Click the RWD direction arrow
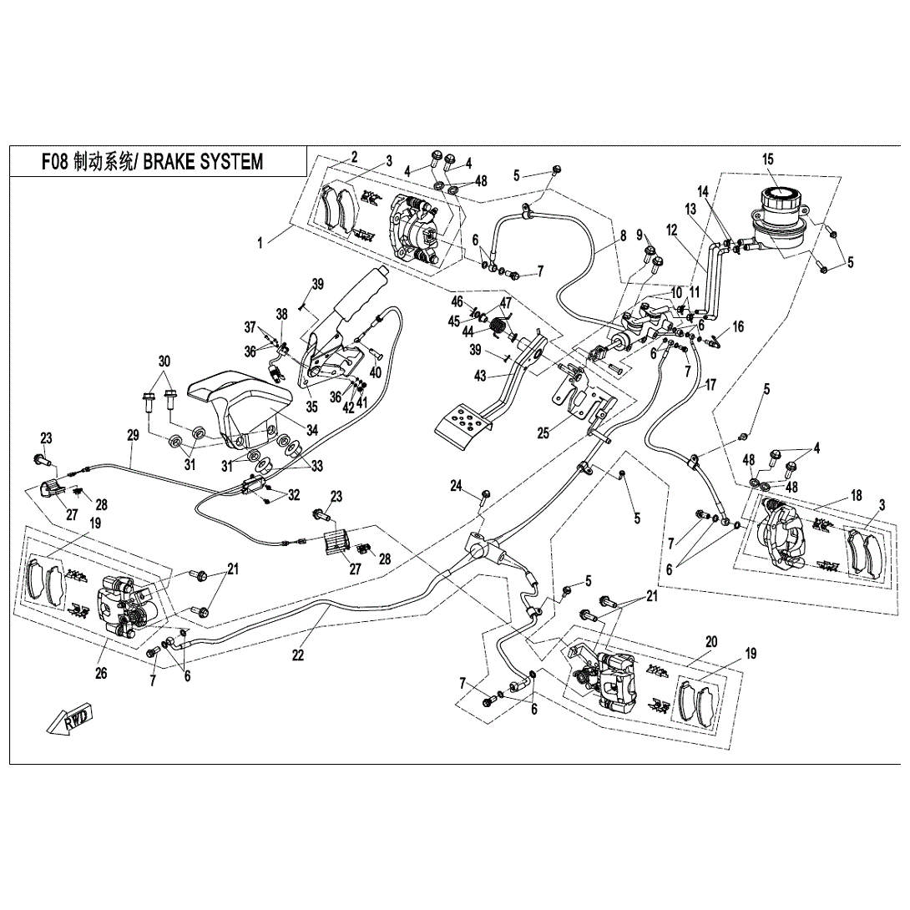(69, 719)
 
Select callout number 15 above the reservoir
(768, 159)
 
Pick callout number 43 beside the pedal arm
(479, 377)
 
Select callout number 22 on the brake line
(298, 655)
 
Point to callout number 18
(857, 495)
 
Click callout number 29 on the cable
(132, 435)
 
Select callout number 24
(457, 486)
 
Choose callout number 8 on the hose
(622, 236)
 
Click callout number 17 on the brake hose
(710, 386)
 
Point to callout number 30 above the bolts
(163, 361)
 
